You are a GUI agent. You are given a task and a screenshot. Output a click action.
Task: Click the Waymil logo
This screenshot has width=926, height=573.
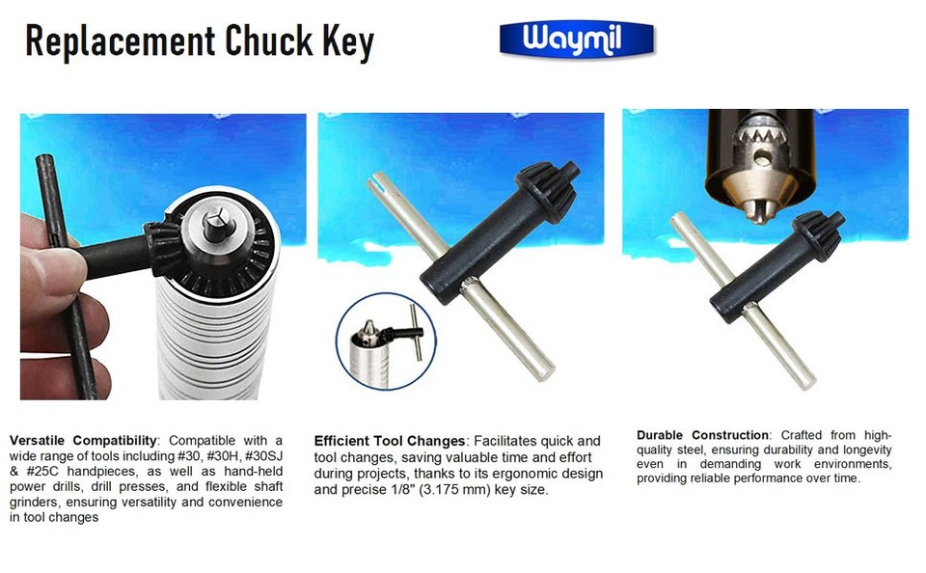pos(576,41)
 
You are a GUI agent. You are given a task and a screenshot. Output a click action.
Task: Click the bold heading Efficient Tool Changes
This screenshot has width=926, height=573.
pos(390,441)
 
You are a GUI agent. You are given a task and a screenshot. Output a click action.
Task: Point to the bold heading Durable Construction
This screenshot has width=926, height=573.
pos(703,435)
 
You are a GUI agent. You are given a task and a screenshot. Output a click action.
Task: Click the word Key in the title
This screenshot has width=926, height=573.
pos(347,42)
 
